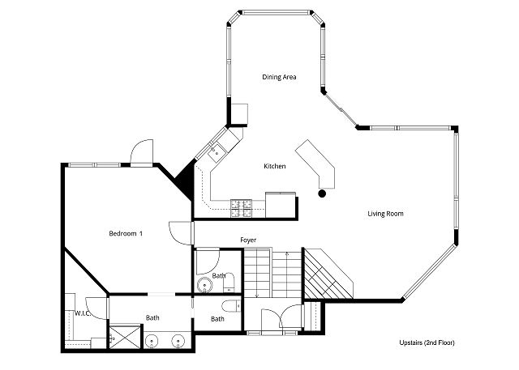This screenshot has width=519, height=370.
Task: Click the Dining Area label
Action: [x=279, y=77]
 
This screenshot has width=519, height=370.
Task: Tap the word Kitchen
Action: [x=274, y=166]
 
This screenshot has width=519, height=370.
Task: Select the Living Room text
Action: [x=386, y=214]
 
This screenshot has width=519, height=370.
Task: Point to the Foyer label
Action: [x=248, y=240]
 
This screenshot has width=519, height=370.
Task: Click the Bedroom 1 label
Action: [x=126, y=233]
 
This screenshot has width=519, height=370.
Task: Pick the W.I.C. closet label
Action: [x=83, y=313]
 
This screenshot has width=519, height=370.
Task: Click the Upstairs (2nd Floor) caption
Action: [x=427, y=342]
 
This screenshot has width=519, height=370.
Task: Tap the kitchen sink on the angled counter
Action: [x=217, y=153]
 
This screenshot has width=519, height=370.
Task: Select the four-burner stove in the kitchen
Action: [x=242, y=209]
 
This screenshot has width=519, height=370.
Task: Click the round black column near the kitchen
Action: [x=322, y=194]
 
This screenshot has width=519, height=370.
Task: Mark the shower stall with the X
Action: [x=125, y=337]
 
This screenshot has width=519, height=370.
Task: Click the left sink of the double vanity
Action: [x=152, y=341]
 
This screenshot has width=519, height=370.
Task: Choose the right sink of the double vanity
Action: [x=178, y=341]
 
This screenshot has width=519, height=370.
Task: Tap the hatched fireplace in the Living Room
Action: [x=328, y=274]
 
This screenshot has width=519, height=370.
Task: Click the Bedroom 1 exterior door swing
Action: [x=143, y=152]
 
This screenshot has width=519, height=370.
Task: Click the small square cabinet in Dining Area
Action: [x=239, y=114]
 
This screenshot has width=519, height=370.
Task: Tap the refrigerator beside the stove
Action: [x=280, y=205]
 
